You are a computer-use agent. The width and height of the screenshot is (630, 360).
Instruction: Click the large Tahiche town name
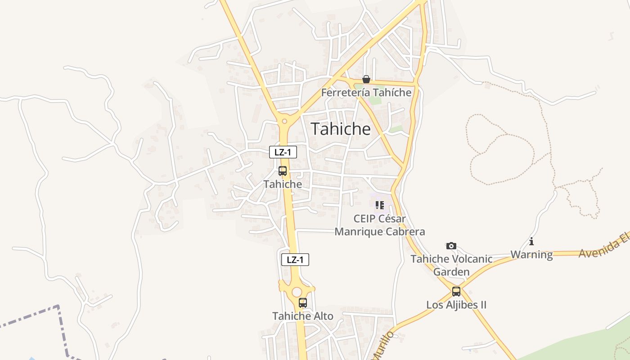pos(341,129)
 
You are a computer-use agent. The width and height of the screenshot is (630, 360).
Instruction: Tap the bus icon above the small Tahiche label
pos(283,171)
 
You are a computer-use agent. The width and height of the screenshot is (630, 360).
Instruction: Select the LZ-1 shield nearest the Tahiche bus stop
pos(283,152)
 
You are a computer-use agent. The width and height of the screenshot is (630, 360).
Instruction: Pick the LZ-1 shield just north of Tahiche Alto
pos(295,260)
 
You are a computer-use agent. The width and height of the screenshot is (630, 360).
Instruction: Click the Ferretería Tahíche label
pos(366,93)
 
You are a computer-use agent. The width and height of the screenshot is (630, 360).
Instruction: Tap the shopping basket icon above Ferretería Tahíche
pos(366,80)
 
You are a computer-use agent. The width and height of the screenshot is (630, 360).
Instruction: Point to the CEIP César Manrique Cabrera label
pos(380,225)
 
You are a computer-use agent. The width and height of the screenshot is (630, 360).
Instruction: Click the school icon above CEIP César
pos(380,205)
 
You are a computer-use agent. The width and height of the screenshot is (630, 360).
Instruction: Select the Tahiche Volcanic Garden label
pos(451,265)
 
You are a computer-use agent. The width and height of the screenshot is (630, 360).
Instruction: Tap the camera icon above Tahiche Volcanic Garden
pos(451,246)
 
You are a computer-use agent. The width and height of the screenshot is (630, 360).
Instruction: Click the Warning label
pos(531,255)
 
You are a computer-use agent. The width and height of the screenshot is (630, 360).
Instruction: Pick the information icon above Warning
pos(531,242)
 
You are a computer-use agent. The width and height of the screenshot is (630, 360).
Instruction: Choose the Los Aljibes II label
pos(456,305)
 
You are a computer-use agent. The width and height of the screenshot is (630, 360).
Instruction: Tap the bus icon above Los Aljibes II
pos(456,292)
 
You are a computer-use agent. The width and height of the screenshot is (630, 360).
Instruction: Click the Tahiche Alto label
pos(303,316)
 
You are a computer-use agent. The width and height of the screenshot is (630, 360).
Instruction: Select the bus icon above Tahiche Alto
pos(303,303)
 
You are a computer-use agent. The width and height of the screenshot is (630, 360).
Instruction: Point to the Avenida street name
pos(603,247)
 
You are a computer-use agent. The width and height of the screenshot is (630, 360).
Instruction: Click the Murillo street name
pos(382,346)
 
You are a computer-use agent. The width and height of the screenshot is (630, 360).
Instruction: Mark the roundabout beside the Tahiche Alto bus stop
pos(296,292)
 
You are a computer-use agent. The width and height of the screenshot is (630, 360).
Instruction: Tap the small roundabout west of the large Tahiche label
pos(284,121)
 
